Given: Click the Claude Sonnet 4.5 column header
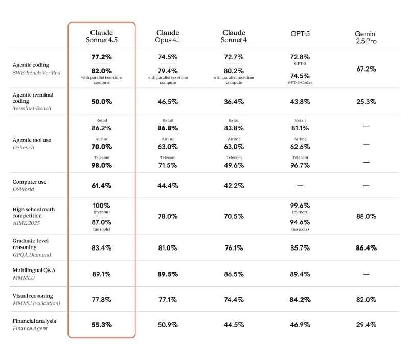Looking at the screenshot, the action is (x=101, y=36).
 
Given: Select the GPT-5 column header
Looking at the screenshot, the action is (x=300, y=34).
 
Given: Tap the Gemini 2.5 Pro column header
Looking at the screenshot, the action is (x=366, y=37).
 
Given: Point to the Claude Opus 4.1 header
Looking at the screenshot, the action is (x=168, y=36).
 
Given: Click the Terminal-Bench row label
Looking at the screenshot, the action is (x=32, y=108).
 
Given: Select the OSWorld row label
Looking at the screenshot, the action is (x=23, y=189).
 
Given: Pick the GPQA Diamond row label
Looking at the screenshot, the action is (x=32, y=255).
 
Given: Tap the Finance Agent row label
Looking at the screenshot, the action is (x=30, y=328).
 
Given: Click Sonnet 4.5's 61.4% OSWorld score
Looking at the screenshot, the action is (x=101, y=186).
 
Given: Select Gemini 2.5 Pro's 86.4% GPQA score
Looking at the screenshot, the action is (x=366, y=248).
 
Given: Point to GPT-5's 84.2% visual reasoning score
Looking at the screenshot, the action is (x=300, y=300).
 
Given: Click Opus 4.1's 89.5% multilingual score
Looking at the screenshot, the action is (x=168, y=274).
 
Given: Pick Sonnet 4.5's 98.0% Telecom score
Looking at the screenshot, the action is (x=101, y=165).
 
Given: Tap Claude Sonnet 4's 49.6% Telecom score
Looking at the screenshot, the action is (x=234, y=165).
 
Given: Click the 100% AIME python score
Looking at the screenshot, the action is (x=101, y=205).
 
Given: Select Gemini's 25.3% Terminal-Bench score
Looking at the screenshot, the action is (x=366, y=101).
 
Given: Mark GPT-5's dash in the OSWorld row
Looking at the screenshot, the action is (x=300, y=186).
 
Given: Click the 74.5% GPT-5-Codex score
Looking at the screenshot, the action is (x=300, y=76).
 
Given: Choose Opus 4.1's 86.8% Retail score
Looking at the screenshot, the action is (x=168, y=128).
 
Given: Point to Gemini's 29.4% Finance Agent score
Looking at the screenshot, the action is (x=366, y=325).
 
